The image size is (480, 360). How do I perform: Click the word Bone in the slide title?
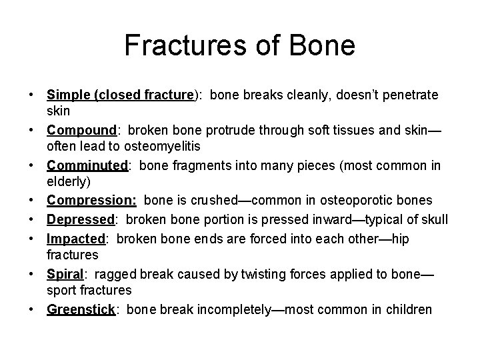coord(323,46)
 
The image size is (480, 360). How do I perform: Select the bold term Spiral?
coord(64,274)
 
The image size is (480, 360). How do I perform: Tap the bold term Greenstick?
coord(81,309)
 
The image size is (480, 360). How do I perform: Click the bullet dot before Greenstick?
coord(33,309)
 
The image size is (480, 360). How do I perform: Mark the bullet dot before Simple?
coord(33,95)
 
